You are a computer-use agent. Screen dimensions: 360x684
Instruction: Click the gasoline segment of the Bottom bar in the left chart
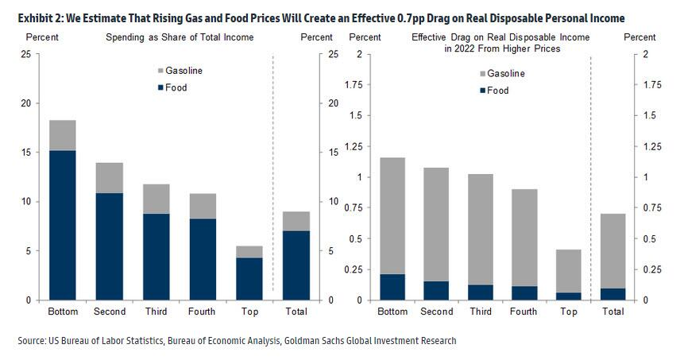click(62, 135)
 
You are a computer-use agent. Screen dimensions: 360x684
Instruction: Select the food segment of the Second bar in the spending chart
click(109, 246)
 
